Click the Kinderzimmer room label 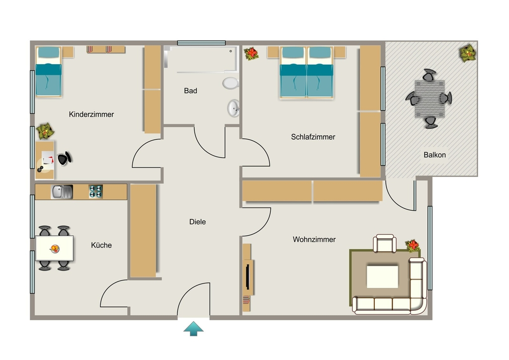coord(91,114)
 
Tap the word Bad coord(190,90)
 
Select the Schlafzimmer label coord(313,137)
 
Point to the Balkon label coord(434,155)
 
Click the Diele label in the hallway coord(197,222)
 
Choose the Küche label coord(101,245)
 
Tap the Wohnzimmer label coord(314,239)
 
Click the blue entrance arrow coord(193,329)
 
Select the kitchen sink coord(62,191)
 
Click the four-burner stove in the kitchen coord(96,191)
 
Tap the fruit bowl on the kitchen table coord(55,249)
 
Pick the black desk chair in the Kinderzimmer coord(64,159)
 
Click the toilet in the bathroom coord(231,83)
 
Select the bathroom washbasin coord(234,108)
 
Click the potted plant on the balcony coord(467,53)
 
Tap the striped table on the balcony coord(429,99)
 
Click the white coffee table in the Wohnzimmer coord(382,276)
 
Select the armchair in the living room coord(385,243)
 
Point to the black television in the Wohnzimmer coord(248,277)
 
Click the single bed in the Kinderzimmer coord(48,72)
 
